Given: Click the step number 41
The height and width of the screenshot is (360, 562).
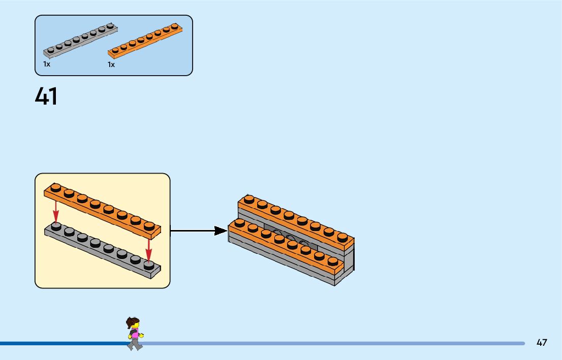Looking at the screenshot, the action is click(x=46, y=96).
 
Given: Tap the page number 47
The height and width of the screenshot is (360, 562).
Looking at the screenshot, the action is click(x=542, y=342).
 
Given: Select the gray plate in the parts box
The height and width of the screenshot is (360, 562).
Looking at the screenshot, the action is click(x=80, y=40).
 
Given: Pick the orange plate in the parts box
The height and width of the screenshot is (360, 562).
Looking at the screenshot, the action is click(x=145, y=41).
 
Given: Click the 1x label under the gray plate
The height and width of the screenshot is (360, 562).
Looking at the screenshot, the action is click(x=47, y=64).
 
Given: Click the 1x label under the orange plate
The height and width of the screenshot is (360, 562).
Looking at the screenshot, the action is click(x=111, y=64).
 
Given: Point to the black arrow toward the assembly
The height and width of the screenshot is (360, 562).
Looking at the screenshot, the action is click(x=199, y=231).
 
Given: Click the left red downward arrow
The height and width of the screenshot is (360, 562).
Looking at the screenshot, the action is click(x=55, y=212).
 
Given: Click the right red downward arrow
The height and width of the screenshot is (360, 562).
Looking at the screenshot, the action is click(x=149, y=250).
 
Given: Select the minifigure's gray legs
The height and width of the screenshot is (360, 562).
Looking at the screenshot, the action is click(x=135, y=344).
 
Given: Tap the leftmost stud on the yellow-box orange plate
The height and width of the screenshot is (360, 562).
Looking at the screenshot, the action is click(x=55, y=187).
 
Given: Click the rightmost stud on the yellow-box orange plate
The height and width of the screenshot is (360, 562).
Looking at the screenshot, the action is click(x=149, y=226).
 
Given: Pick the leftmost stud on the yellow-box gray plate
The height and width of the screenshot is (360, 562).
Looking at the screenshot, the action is click(x=56, y=226).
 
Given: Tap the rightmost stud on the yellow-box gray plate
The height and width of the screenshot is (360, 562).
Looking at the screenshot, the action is click(x=149, y=265).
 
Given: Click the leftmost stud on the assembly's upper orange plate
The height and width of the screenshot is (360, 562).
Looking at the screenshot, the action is click(x=249, y=199).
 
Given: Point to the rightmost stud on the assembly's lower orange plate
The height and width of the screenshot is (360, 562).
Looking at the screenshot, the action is click(x=333, y=261).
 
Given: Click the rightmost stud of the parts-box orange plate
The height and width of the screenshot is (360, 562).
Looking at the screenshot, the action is click(x=175, y=26).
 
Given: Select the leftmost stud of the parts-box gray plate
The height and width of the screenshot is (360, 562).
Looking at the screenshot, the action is click(x=50, y=50).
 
